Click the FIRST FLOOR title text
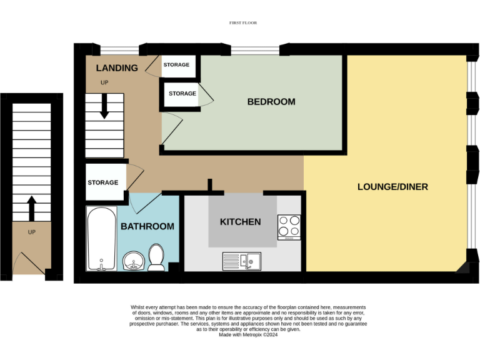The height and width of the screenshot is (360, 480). pyautogui.click(x=244, y=22)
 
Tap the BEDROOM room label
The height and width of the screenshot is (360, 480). pyautogui.click(x=271, y=102)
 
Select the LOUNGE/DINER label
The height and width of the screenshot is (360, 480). pyautogui.click(x=392, y=187)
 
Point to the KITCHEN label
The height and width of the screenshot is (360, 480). pyautogui.click(x=240, y=222)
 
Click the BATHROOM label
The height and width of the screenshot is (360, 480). pyautogui.click(x=147, y=226)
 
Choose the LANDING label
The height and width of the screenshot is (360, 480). pyautogui.click(x=117, y=68)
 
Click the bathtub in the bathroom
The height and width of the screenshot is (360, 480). pyautogui.click(x=100, y=238)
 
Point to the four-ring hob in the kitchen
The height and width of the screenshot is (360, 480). pyautogui.click(x=289, y=227)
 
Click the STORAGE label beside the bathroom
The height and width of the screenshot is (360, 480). pyautogui.click(x=102, y=182)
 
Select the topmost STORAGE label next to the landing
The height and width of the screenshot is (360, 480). pyautogui.click(x=176, y=64)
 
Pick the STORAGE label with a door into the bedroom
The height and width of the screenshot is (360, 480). pyautogui.click(x=182, y=94)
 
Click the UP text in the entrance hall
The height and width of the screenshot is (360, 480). pyautogui.click(x=31, y=232)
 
